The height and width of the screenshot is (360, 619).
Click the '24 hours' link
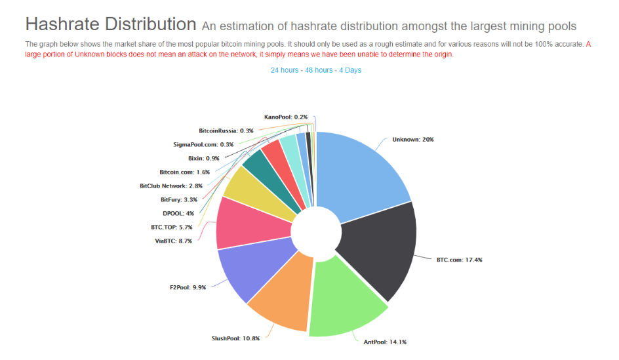coord(284,70)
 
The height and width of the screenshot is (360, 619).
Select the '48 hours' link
coord(319,70)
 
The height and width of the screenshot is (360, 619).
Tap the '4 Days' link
coord(350,70)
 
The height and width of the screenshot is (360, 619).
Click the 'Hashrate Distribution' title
coord(111,24)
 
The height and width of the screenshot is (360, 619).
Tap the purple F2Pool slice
coord(252,268)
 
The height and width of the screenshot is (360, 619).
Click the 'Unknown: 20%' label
coord(413,139)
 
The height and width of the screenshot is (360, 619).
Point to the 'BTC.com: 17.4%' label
coord(460,260)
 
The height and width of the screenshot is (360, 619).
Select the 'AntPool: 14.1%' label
coord(385,342)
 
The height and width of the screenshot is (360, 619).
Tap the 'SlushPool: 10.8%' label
coord(235,338)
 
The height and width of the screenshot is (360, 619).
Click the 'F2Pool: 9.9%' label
coord(188,287)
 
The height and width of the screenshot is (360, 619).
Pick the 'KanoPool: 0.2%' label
coord(286,117)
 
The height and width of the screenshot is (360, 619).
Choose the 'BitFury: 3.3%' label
coord(179,200)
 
